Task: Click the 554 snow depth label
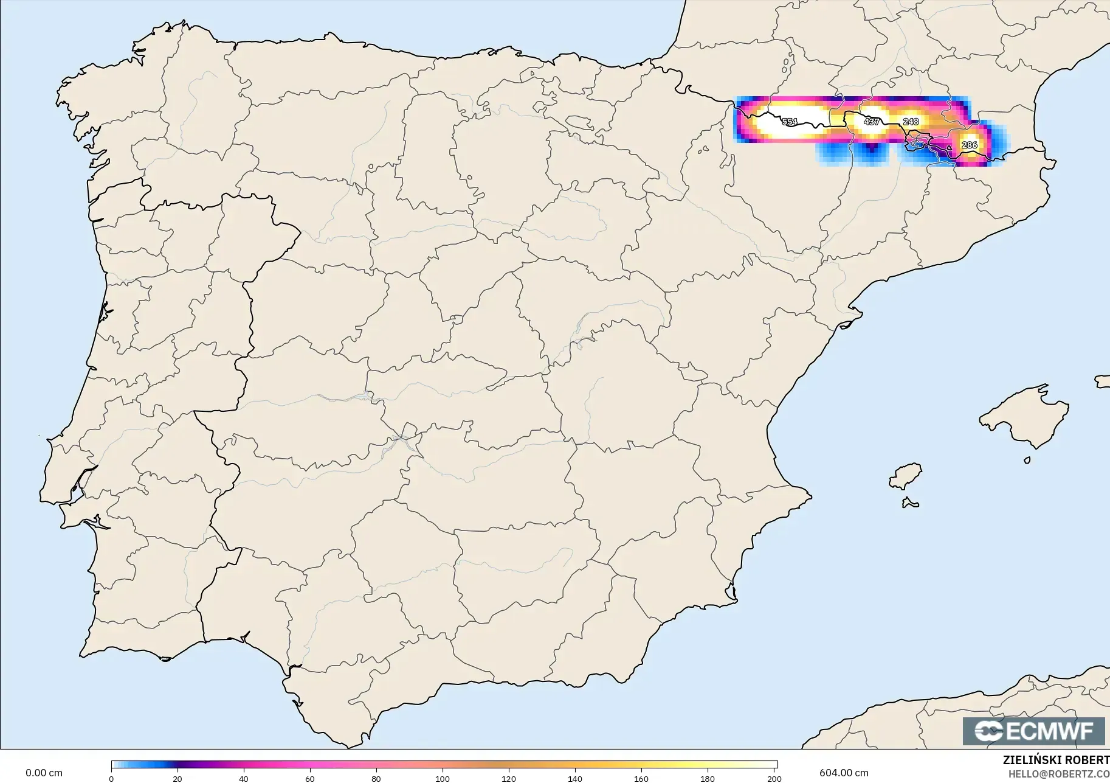pyautogui.click(x=789, y=122)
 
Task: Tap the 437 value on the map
pyautogui.click(x=872, y=122)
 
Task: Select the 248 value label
pyautogui.click(x=911, y=122)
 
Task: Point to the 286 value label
pyautogui.click(x=970, y=145)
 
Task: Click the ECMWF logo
pyautogui.click(x=1033, y=731)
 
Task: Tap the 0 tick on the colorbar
pyautogui.click(x=111, y=778)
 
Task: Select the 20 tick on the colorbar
pyautogui.click(x=178, y=778)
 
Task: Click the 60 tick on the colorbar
pyautogui.click(x=310, y=778)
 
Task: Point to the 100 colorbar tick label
pyautogui.click(x=443, y=778)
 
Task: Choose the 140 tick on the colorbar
pyautogui.click(x=575, y=778)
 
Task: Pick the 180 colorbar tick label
pyautogui.click(x=708, y=778)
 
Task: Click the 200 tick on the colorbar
pyautogui.click(x=774, y=778)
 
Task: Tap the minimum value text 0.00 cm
pyautogui.click(x=44, y=773)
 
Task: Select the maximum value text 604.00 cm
pyautogui.click(x=844, y=773)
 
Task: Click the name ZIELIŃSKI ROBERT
pyautogui.click(x=1056, y=760)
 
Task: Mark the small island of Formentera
pyautogui.click(x=910, y=503)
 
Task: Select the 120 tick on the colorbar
pyautogui.click(x=509, y=778)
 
